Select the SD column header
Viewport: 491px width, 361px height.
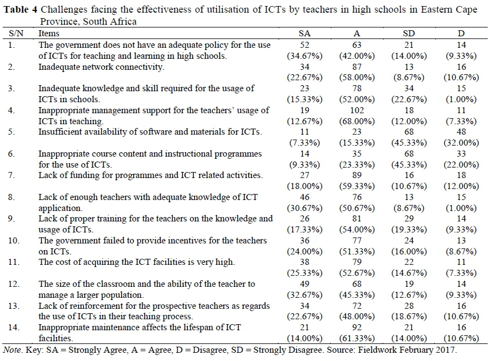click(409, 34)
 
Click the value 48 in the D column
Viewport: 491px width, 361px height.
click(462, 132)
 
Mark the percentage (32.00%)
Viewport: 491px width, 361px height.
click(462, 143)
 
